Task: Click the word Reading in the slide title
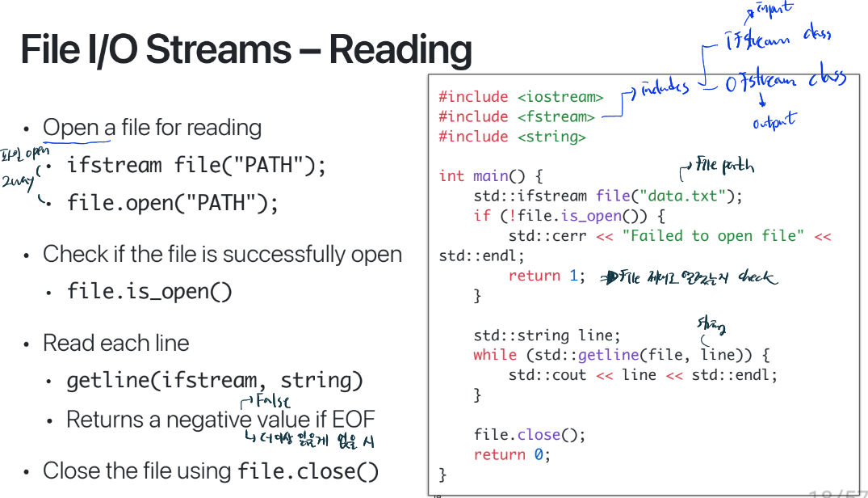coord(400,50)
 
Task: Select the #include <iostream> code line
coord(521,97)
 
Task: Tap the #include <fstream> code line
coord(517,117)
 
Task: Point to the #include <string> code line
coord(512,137)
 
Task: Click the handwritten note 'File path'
coord(724,167)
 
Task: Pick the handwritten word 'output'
coord(774,121)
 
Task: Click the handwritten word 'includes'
coord(665,88)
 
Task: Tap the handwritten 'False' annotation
coord(271,401)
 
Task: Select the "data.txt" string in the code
coord(687,196)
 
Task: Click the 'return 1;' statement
coord(547,276)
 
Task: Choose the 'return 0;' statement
coord(512,454)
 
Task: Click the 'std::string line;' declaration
coord(547,335)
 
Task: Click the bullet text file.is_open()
coord(149,291)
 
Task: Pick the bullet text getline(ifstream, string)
coord(215,380)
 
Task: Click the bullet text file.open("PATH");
coord(173,203)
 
